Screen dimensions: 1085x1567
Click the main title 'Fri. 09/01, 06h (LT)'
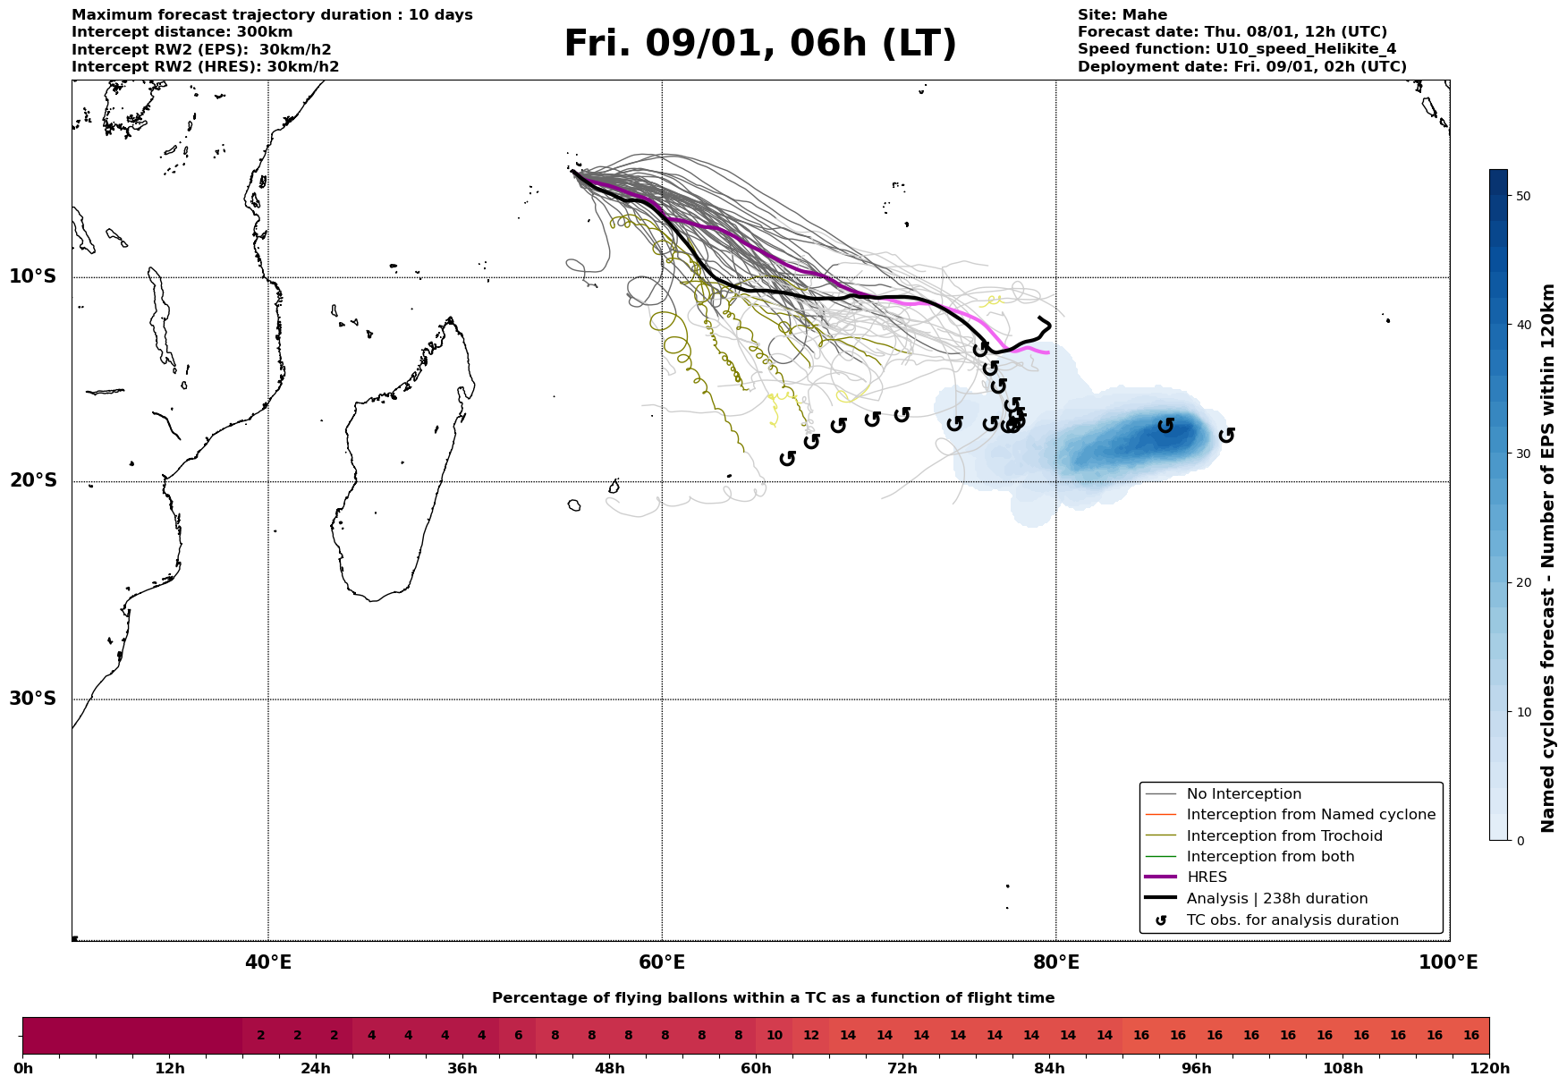(760, 44)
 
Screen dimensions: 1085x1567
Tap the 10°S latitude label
(33, 276)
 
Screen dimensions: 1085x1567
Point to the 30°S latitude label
(33, 699)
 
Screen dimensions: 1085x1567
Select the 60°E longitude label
(662, 963)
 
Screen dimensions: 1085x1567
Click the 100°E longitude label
(1448, 963)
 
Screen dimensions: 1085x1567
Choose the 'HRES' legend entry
(1207, 877)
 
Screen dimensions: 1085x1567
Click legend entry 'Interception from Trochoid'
(1283, 836)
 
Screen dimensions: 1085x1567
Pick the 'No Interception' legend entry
(1243, 794)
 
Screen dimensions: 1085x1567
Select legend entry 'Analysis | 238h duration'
(1276, 899)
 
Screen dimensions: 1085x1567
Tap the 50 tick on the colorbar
(1523, 196)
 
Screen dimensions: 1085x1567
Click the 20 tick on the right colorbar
(1523, 583)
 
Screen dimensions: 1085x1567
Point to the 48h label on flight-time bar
(609, 1069)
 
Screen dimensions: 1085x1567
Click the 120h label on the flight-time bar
(1488, 1069)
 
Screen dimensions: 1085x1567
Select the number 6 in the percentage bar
(518, 1036)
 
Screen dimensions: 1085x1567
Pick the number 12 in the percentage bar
(811, 1036)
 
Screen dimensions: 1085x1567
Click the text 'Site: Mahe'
(1122, 15)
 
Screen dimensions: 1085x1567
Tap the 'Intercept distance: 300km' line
(182, 32)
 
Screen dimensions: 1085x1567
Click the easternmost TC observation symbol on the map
(1226, 435)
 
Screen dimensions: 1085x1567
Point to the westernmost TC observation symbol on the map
(787, 458)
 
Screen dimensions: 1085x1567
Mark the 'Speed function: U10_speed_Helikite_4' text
(1237, 49)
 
